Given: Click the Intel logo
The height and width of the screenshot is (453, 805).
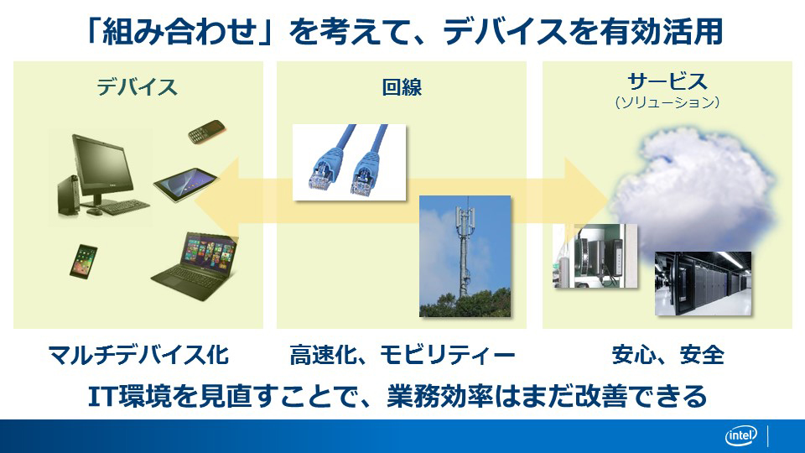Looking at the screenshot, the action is pos(740,436).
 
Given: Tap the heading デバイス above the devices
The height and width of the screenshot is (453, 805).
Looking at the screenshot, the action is pos(137,86).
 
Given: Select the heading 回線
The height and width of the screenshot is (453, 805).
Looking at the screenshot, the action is pos(402,86).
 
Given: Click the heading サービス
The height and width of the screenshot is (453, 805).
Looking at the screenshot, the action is pos(667,81).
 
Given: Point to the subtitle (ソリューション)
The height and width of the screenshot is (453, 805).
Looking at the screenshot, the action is pos(667,102).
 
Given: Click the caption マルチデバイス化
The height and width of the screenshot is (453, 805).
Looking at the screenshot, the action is pos(138,355).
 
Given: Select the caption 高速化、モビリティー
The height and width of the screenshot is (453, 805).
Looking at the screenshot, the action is pos(402,355).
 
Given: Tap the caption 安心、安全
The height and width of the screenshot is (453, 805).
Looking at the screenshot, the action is pos(668,355).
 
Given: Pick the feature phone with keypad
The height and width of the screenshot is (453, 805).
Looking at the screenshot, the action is pos(206,133).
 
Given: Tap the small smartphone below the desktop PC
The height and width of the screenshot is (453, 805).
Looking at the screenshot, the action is pos(83,262).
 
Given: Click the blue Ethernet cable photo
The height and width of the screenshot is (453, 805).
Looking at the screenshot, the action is pos(349,162).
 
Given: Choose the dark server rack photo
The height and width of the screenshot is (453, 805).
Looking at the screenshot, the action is pos(703,284).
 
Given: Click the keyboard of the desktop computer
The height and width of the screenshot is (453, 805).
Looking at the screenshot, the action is pos(121,206).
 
